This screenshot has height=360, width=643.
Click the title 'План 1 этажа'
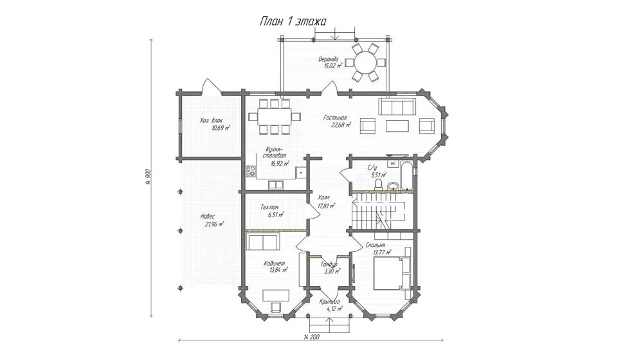(x=293, y=21)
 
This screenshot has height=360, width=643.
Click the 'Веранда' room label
(x=329, y=59)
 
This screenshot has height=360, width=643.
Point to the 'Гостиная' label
(x=335, y=118)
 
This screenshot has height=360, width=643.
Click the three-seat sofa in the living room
(x=397, y=107)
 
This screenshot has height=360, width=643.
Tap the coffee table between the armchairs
(x=397, y=125)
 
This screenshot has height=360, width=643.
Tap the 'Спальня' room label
(x=376, y=245)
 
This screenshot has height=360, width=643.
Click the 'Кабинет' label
(x=275, y=264)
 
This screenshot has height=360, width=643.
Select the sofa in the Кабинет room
(x=263, y=242)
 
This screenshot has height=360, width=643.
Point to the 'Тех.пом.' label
(x=269, y=208)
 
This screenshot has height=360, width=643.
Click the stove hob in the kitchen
(x=251, y=172)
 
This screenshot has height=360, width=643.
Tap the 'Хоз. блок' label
(x=212, y=121)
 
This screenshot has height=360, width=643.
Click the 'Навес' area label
(x=208, y=217)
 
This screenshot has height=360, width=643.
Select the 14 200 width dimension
(x=312, y=337)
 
